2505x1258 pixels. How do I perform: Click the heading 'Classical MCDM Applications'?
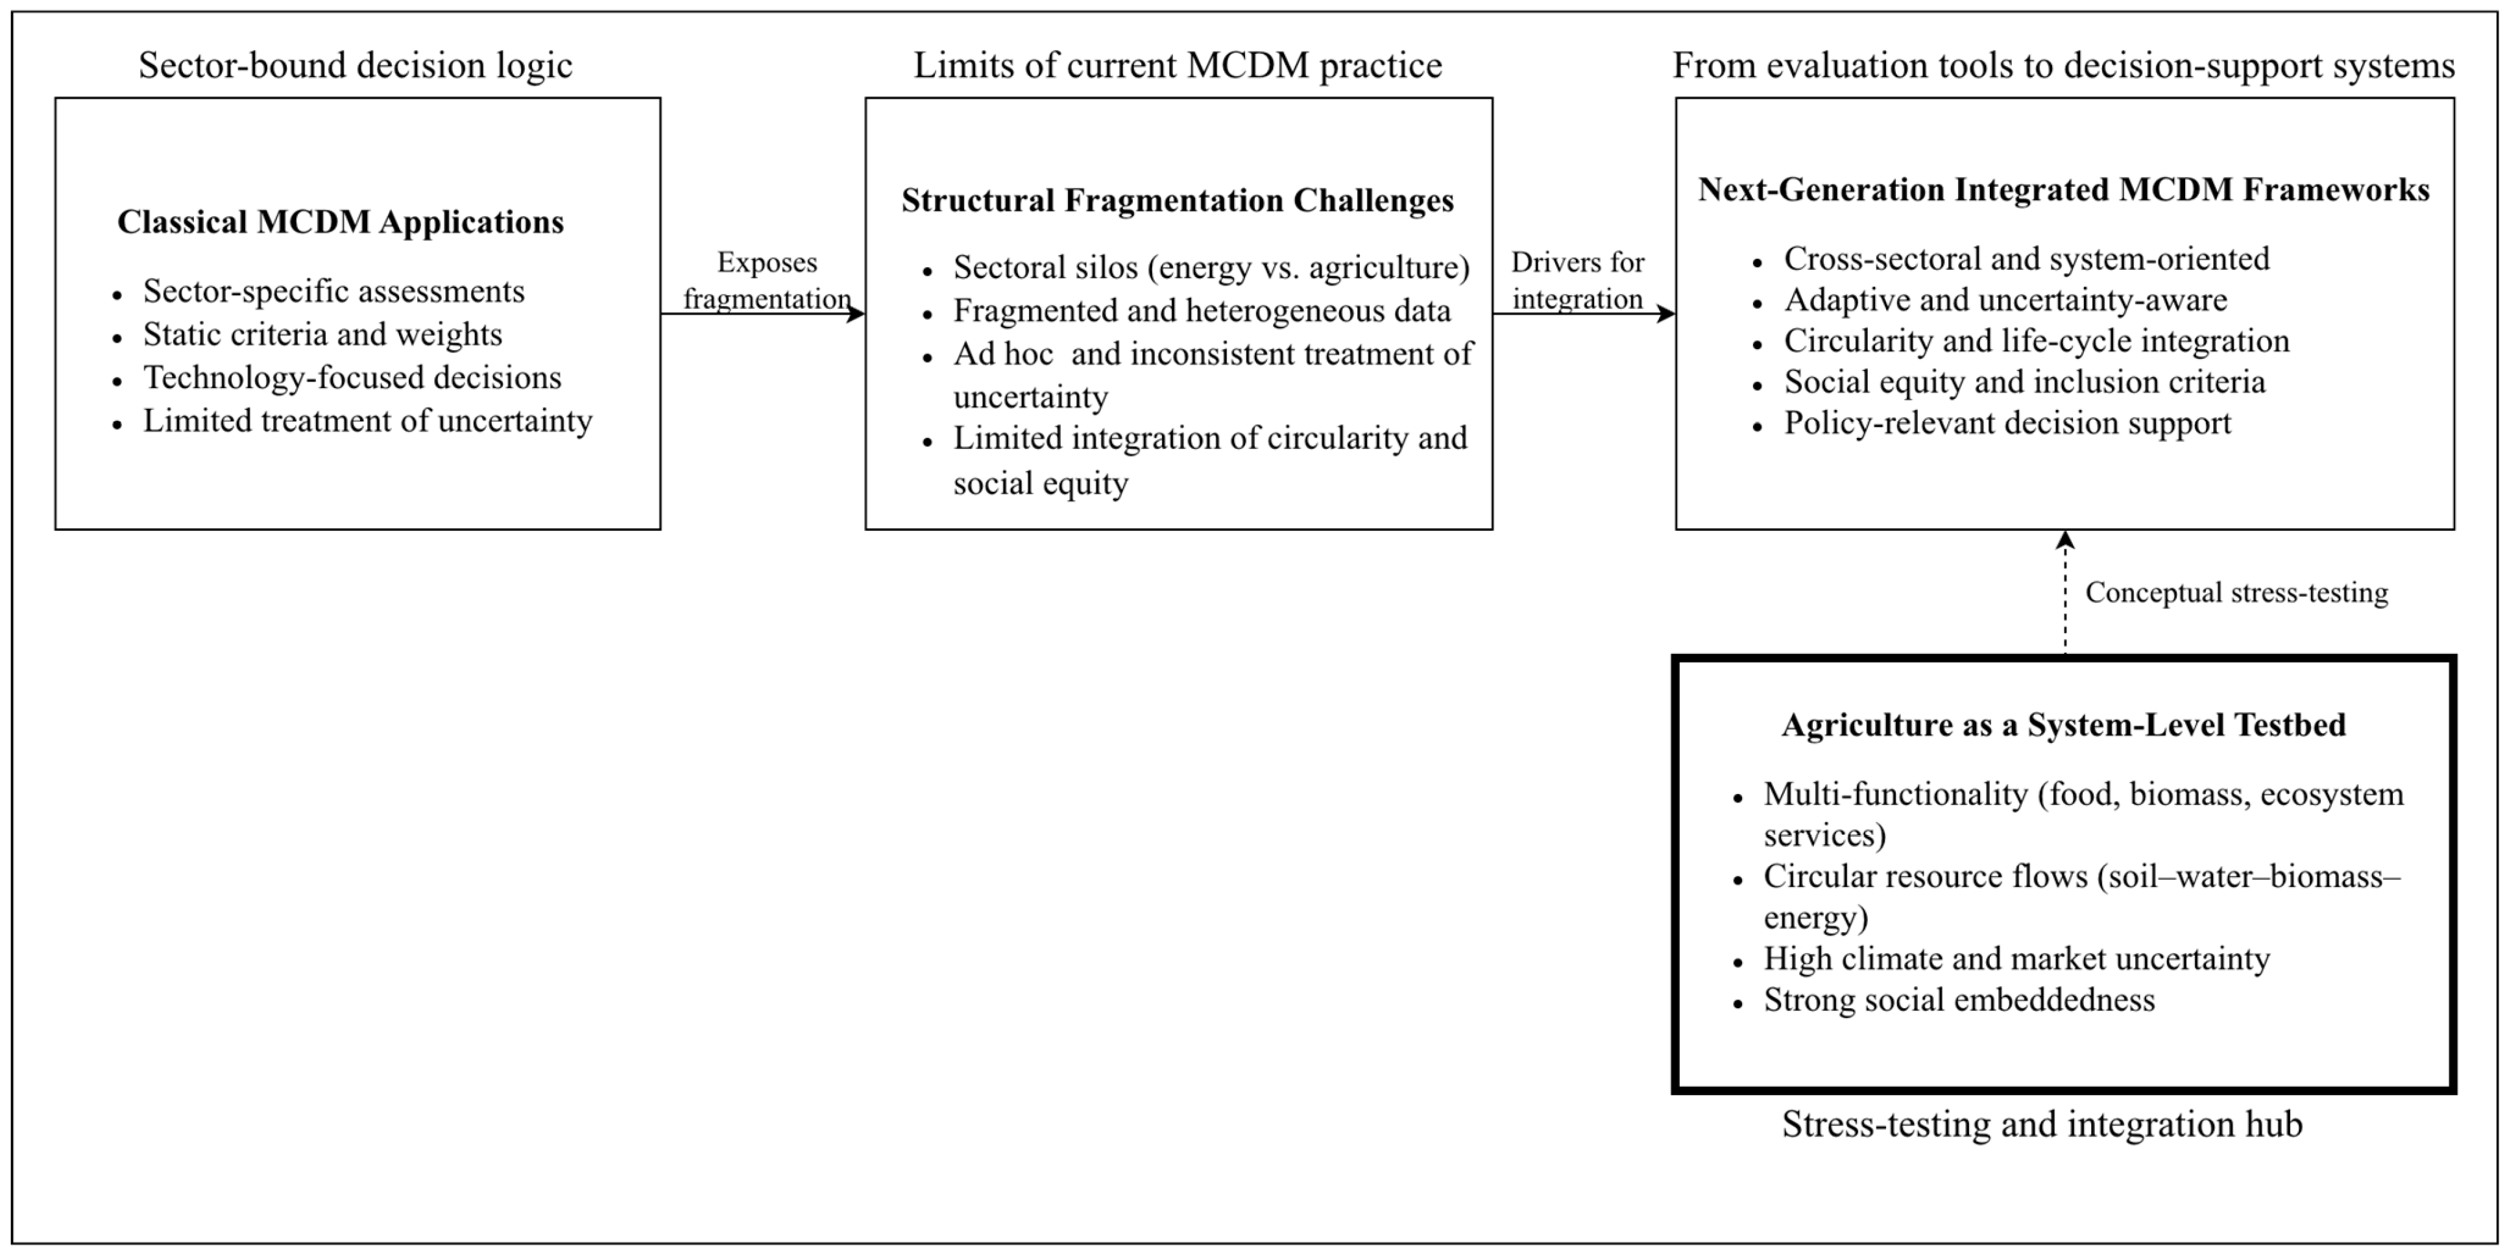pos(341,223)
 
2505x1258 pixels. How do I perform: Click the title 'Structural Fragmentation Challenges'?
pos(1177,200)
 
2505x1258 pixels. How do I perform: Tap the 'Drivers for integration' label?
pos(1577,280)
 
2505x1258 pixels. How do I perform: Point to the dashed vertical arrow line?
pos(2064,603)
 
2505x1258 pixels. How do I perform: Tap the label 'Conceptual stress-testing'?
pos(2236,593)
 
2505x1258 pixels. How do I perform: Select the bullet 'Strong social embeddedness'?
pos(1959,1000)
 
